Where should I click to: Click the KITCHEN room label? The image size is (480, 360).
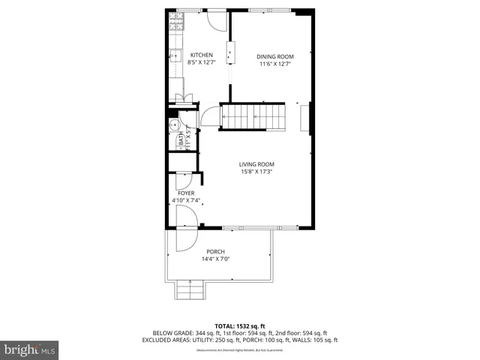pyautogui.click(x=201, y=55)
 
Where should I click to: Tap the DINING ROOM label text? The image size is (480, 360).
pyautogui.click(x=275, y=56)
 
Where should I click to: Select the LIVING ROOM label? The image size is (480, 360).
pyautogui.click(x=256, y=164)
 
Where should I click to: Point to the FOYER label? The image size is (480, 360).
pyautogui.click(x=185, y=193)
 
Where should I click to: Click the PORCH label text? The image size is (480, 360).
pyautogui.click(x=215, y=252)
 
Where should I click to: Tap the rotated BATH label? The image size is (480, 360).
pyautogui.click(x=181, y=139)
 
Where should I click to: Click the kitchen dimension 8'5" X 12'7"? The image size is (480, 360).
pyautogui.click(x=201, y=64)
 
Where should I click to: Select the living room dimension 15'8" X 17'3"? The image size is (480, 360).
pyautogui.click(x=256, y=172)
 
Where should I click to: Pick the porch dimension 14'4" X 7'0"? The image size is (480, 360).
pyautogui.click(x=215, y=259)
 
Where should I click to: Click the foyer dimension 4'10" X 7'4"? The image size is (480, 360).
pyautogui.click(x=185, y=200)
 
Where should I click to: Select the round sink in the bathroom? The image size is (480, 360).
pyautogui.click(x=172, y=125)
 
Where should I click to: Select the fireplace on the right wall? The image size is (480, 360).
pyautogui.click(x=304, y=118)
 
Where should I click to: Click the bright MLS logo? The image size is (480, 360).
pyautogui.click(x=30, y=349)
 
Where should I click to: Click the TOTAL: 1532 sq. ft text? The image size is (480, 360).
pyautogui.click(x=239, y=325)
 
